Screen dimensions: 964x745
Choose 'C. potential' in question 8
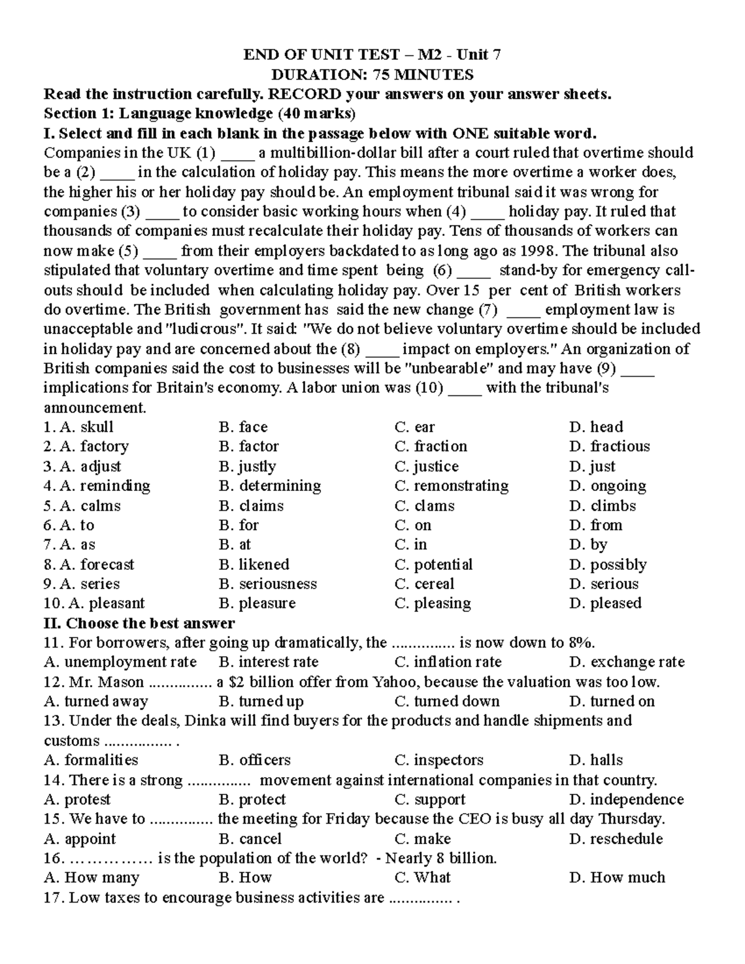coord(433,564)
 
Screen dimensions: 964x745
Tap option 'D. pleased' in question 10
coord(605,603)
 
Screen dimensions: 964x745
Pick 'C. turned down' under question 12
coord(447,701)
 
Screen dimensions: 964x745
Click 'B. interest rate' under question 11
coord(269,662)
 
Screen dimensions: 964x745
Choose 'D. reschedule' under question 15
coord(616,839)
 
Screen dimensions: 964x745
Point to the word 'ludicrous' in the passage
coord(203,329)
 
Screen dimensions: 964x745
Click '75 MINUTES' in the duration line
coord(423,75)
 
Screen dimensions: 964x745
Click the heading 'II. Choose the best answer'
coord(139,623)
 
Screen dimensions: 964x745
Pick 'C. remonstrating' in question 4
coord(451,486)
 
